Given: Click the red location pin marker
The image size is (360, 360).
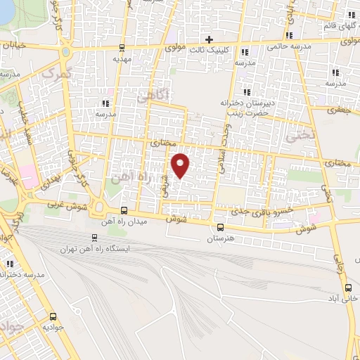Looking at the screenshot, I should (x=181, y=165).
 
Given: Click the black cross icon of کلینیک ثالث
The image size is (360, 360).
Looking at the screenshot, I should (x=208, y=38).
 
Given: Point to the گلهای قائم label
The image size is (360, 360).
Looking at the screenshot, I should (x=333, y=26).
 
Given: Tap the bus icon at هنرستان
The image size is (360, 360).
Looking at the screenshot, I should (x=221, y=227).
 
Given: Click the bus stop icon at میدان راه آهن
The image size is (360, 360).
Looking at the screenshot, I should (x=124, y=211).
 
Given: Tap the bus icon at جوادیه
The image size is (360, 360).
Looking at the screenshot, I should (x=53, y=317).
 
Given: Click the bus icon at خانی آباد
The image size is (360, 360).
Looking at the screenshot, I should (x=348, y=288).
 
